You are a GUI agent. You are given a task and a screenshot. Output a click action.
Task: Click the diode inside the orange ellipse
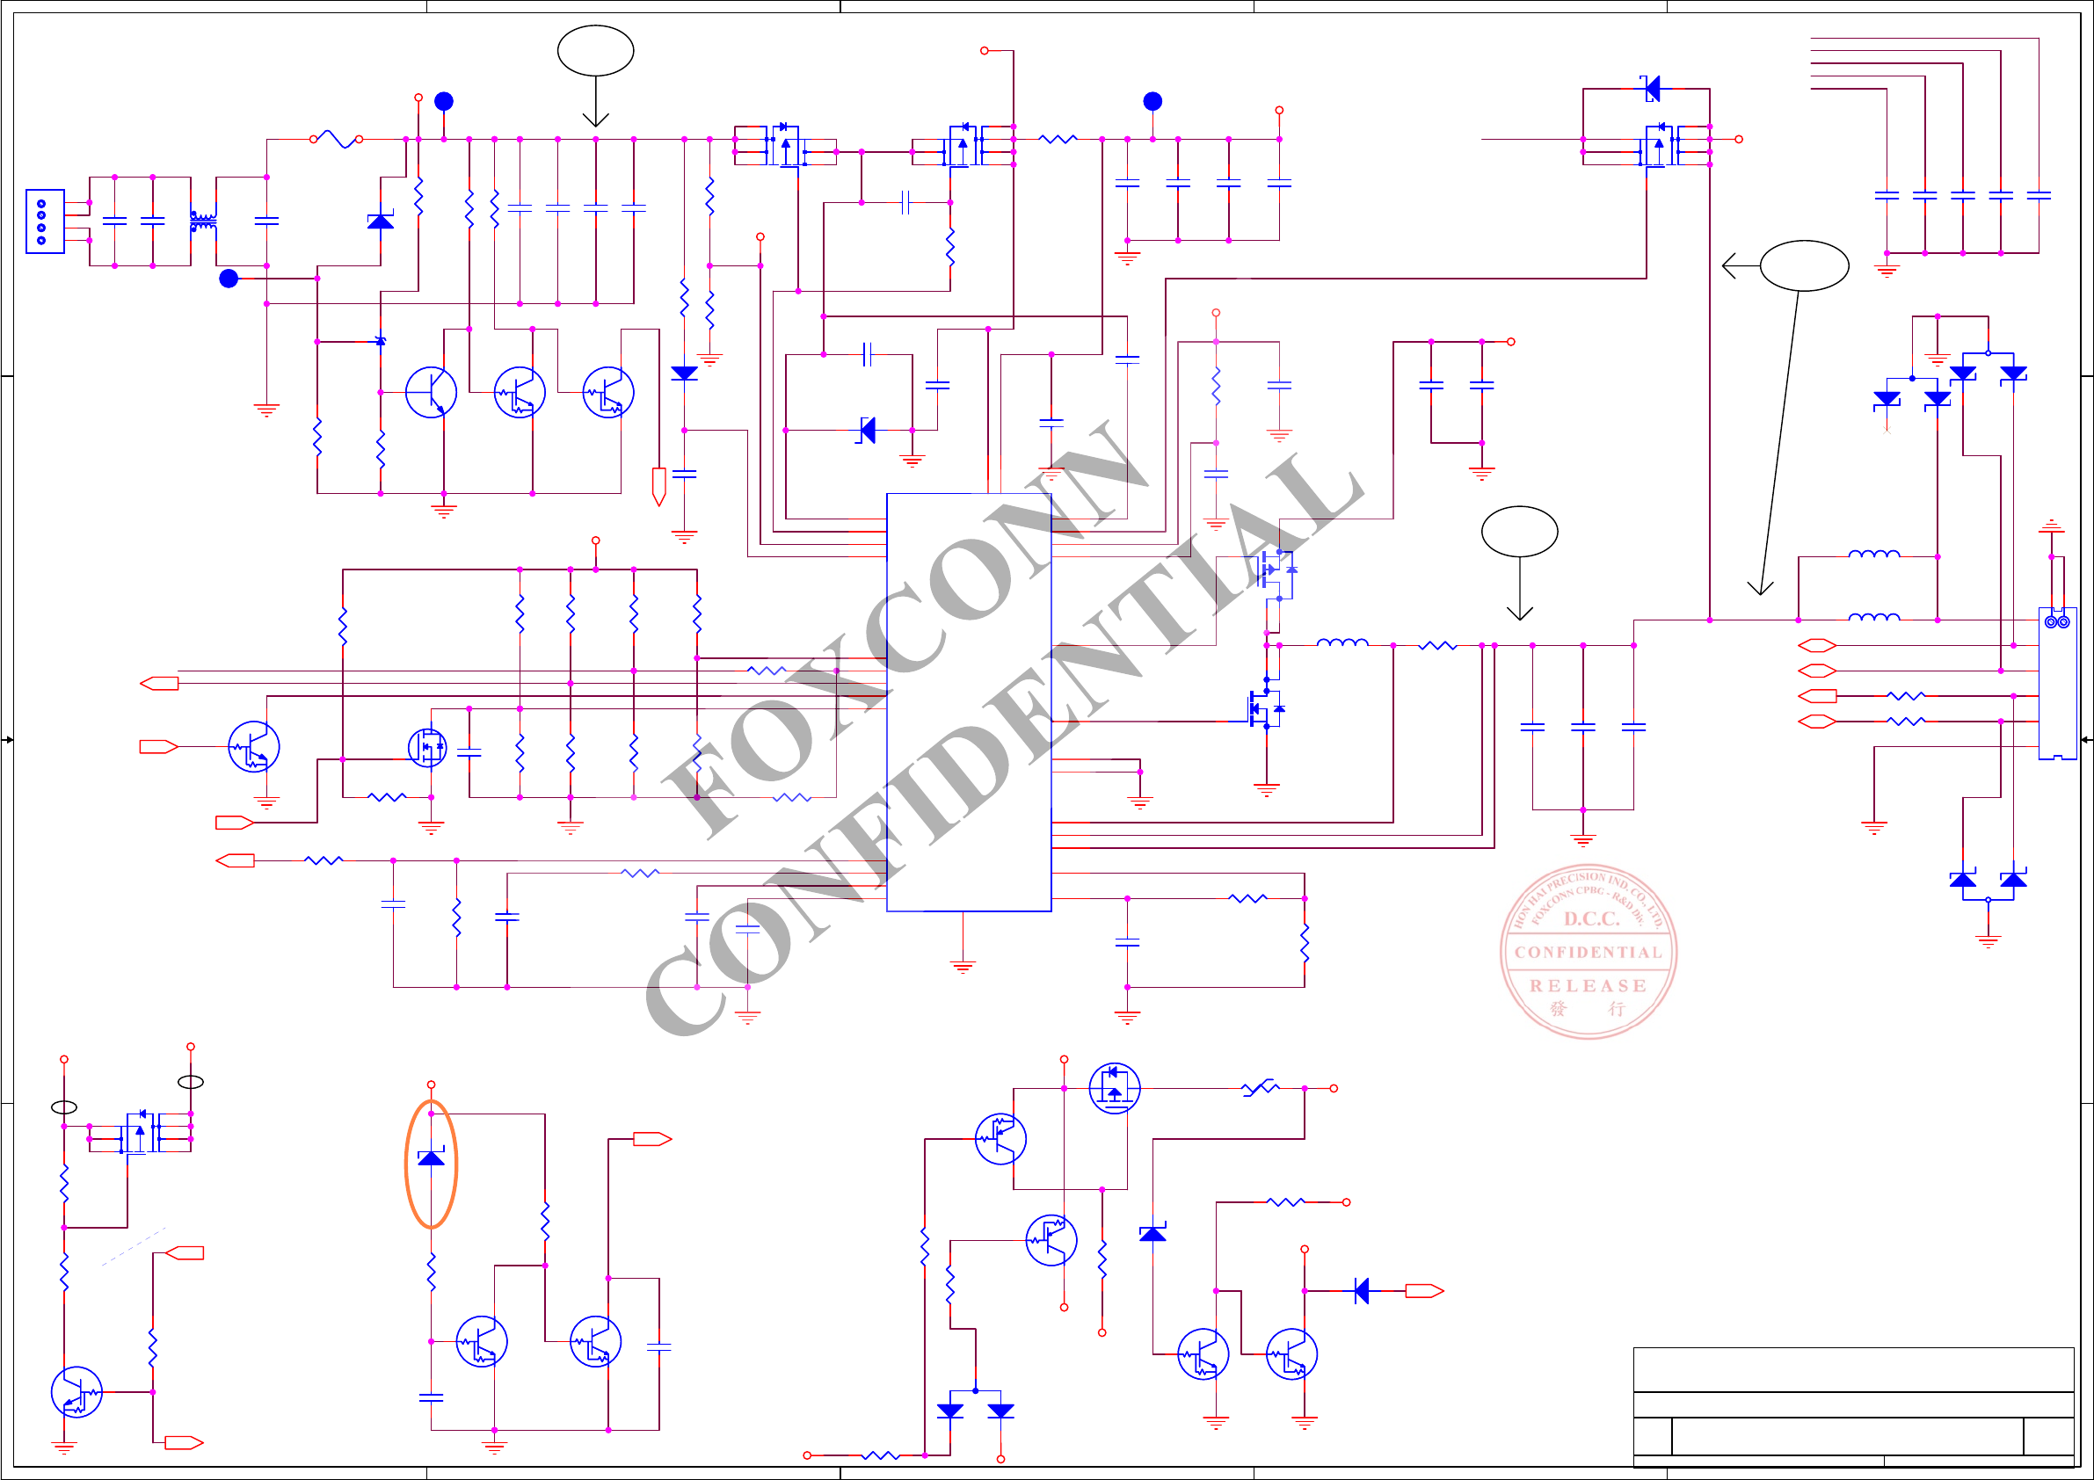click(431, 1157)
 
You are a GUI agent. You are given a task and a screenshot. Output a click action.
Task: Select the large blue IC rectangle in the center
click(969, 702)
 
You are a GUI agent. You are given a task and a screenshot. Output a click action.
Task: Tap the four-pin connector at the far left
click(45, 221)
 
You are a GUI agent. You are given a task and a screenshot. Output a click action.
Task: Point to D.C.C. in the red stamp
click(1591, 918)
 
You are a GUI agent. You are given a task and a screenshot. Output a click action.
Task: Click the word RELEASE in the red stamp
click(1588, 986)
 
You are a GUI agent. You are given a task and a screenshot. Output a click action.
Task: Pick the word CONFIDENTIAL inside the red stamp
click(1588, 952)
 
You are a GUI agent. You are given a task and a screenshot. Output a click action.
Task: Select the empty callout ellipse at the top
click(595, 50)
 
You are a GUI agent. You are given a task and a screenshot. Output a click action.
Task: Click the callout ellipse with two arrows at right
click(1804, 265)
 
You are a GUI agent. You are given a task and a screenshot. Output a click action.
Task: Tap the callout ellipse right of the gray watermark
click(1519, 531)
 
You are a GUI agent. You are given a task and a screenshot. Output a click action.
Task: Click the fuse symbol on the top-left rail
click(336, 140)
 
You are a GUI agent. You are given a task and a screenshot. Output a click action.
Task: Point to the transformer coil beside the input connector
click(202, 221)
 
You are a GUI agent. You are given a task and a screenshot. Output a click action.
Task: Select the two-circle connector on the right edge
click(2056, 622)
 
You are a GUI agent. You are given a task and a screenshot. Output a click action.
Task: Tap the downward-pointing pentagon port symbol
click(658, 486)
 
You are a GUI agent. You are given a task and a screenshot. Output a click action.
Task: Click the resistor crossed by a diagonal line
click(1261, 1087)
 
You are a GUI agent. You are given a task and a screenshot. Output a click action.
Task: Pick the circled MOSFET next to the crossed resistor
click(1114, 1088)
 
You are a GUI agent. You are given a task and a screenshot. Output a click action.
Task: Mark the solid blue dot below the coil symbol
click(228, 278)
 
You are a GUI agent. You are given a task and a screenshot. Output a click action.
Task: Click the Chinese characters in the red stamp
click(1587, 1009)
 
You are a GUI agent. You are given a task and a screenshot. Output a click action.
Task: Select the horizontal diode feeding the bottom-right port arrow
click(1362, 1290)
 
